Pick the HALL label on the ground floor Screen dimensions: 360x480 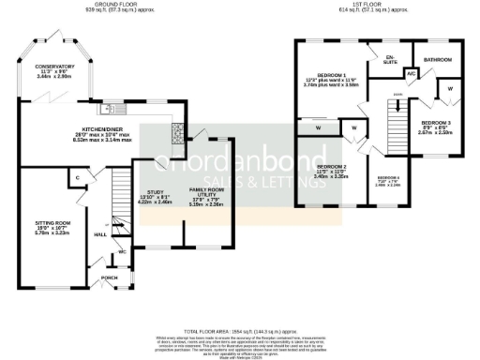pyautogui.click(x=100, y=234)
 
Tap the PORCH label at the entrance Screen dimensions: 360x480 pyautogui.click(x=110, y=277)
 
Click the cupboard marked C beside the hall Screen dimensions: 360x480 pyautogui.click(x=79, y=176)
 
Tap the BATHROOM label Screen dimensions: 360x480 pyautogui.click(x=437, y=60)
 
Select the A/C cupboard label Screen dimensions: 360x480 pyautogui.click(x=411, y=72)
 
